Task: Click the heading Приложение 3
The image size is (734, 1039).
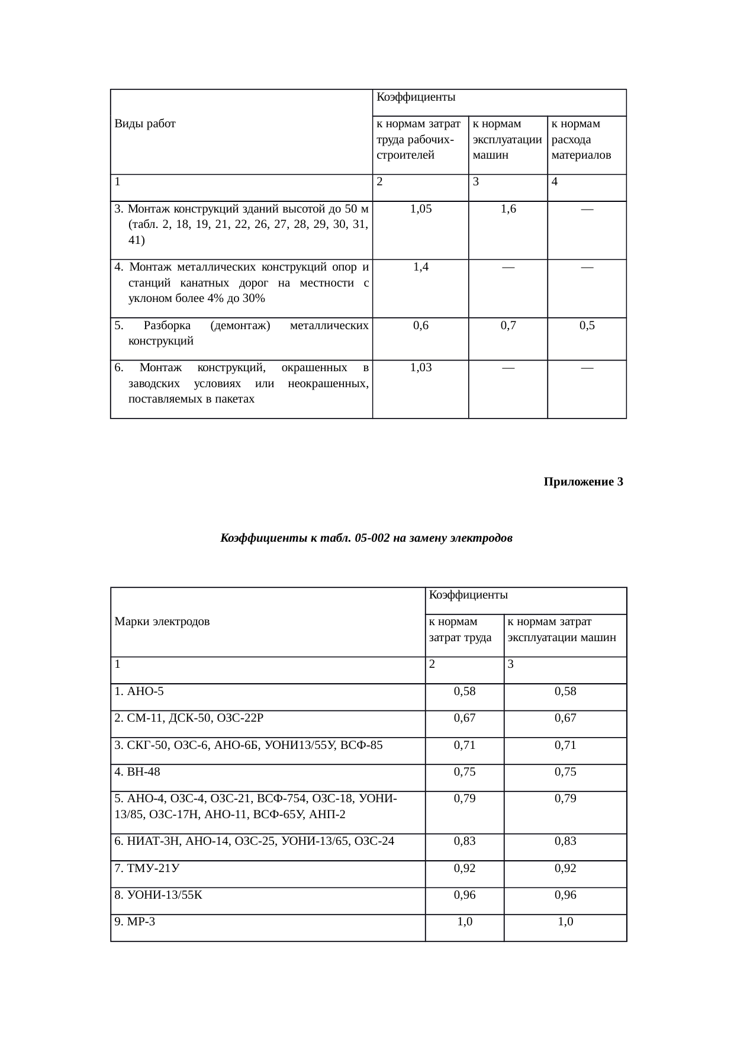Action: [x=583, y=482]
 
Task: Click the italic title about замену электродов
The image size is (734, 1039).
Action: [x=366, y=538]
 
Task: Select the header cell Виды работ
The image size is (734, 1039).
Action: [x=145, y=124]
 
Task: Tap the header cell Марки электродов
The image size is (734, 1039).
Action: [x=162, y=622]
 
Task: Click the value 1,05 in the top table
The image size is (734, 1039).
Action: [x=420, y=208]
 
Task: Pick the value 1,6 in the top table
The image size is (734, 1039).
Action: [x=508, y=208]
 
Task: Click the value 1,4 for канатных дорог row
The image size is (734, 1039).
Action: [x=420, y=266]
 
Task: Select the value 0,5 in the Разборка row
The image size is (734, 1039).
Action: [x=587, y=325]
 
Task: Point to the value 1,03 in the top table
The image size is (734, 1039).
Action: [x=420, y=367]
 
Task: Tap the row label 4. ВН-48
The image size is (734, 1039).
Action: [x=137, y=771]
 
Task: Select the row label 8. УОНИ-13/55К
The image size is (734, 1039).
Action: [x=158, y=895]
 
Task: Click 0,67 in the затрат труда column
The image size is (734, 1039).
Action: [x=465, y=718]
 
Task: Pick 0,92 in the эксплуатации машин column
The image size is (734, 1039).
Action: [x=565, y=868]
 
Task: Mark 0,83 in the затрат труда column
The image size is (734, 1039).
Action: [x=465, y=841]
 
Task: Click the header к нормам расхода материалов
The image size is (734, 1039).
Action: [x=581, y=140]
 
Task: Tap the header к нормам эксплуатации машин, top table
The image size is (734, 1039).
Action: [x=507, y=140]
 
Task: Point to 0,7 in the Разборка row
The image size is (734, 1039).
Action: [x=508, y=325]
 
